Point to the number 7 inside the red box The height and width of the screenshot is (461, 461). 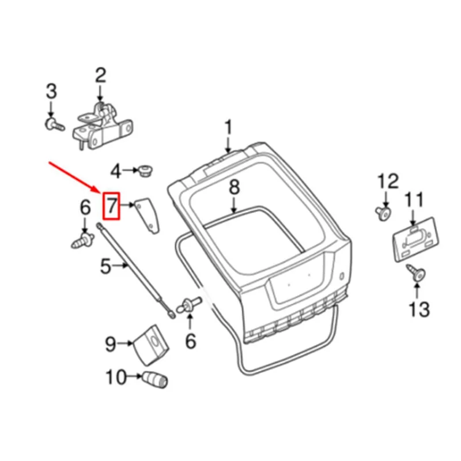click(111, 205)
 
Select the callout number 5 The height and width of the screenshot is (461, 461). click(105, 266)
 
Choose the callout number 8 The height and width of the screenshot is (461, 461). click(233, 188)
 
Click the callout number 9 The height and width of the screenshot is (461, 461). click(111, 345)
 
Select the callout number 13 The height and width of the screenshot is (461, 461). click(419, 309)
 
